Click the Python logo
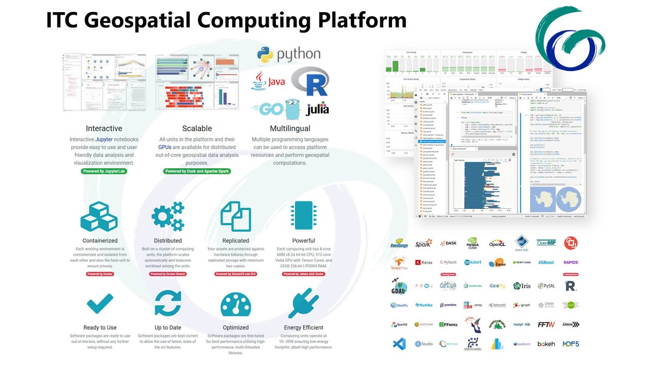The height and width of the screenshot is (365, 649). tap(265, 55)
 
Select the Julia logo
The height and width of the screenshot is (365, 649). tap(317, 108)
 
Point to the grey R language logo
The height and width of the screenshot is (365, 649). tap(311, 81)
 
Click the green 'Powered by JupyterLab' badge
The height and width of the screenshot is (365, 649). tap(104, 171)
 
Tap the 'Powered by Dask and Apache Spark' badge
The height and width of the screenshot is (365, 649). tap(197, 171)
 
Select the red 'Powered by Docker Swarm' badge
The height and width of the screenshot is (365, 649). tap(168, 274)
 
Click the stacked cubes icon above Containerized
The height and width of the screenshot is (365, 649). tap(99, 216)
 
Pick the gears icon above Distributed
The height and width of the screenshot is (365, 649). tap(168, 216)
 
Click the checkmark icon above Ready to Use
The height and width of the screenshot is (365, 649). tap(100, 304)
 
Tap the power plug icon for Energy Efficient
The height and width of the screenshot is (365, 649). tap(303, 304)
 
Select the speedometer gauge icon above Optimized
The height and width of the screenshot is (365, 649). tap(236, 305)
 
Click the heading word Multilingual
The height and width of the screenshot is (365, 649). tap(290, 129)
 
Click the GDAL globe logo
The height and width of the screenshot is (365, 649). tap(399, 286)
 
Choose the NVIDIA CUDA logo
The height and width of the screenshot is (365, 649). tap(473, 243)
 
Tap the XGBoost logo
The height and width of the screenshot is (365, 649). tap(546, 263)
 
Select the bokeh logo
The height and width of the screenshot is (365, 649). tap(546, 344)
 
